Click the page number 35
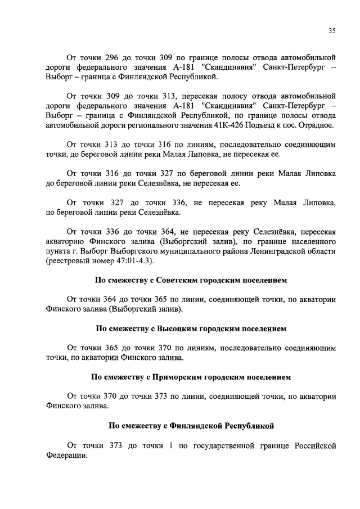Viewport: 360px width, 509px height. point(332,31)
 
